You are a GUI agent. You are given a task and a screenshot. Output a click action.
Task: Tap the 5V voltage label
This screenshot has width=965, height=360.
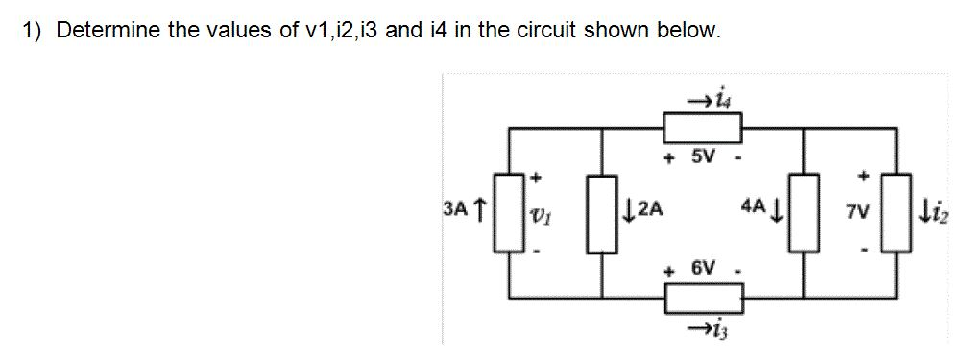(x=705, y=156)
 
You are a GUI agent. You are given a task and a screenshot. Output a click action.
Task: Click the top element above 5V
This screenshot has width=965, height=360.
(x=704, y=127)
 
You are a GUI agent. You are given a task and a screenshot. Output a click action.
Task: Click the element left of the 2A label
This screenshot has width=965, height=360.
(x=603, y=211)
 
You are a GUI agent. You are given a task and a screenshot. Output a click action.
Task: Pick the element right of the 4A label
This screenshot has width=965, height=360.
(x=803, y=211)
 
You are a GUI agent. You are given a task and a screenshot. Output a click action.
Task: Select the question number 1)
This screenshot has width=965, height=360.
(x=33, y=30)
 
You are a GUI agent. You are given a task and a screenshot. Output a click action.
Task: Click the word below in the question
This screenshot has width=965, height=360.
(x=688, y=30)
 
